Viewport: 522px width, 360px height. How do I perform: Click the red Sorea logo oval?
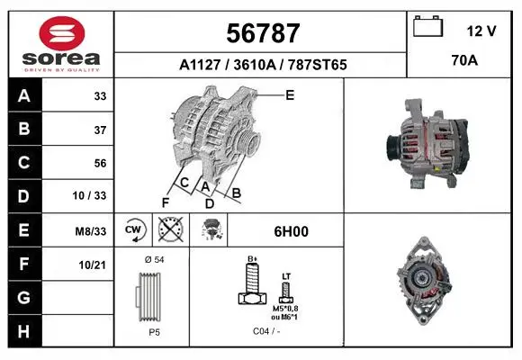point(62,33)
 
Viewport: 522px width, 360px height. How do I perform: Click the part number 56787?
point(263,33)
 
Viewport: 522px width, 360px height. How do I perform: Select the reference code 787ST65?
point(318,65)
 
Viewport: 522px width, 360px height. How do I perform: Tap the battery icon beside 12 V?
point(427,26)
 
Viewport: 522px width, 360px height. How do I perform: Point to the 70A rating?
point(464,60)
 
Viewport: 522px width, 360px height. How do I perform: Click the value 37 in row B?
point(100,130)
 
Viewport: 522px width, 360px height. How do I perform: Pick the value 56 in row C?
point(100,163)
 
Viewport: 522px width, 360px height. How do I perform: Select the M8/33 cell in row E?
point(91,231)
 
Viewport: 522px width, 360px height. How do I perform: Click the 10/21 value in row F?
point(92,265)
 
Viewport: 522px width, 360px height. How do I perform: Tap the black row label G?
point(24,297)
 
